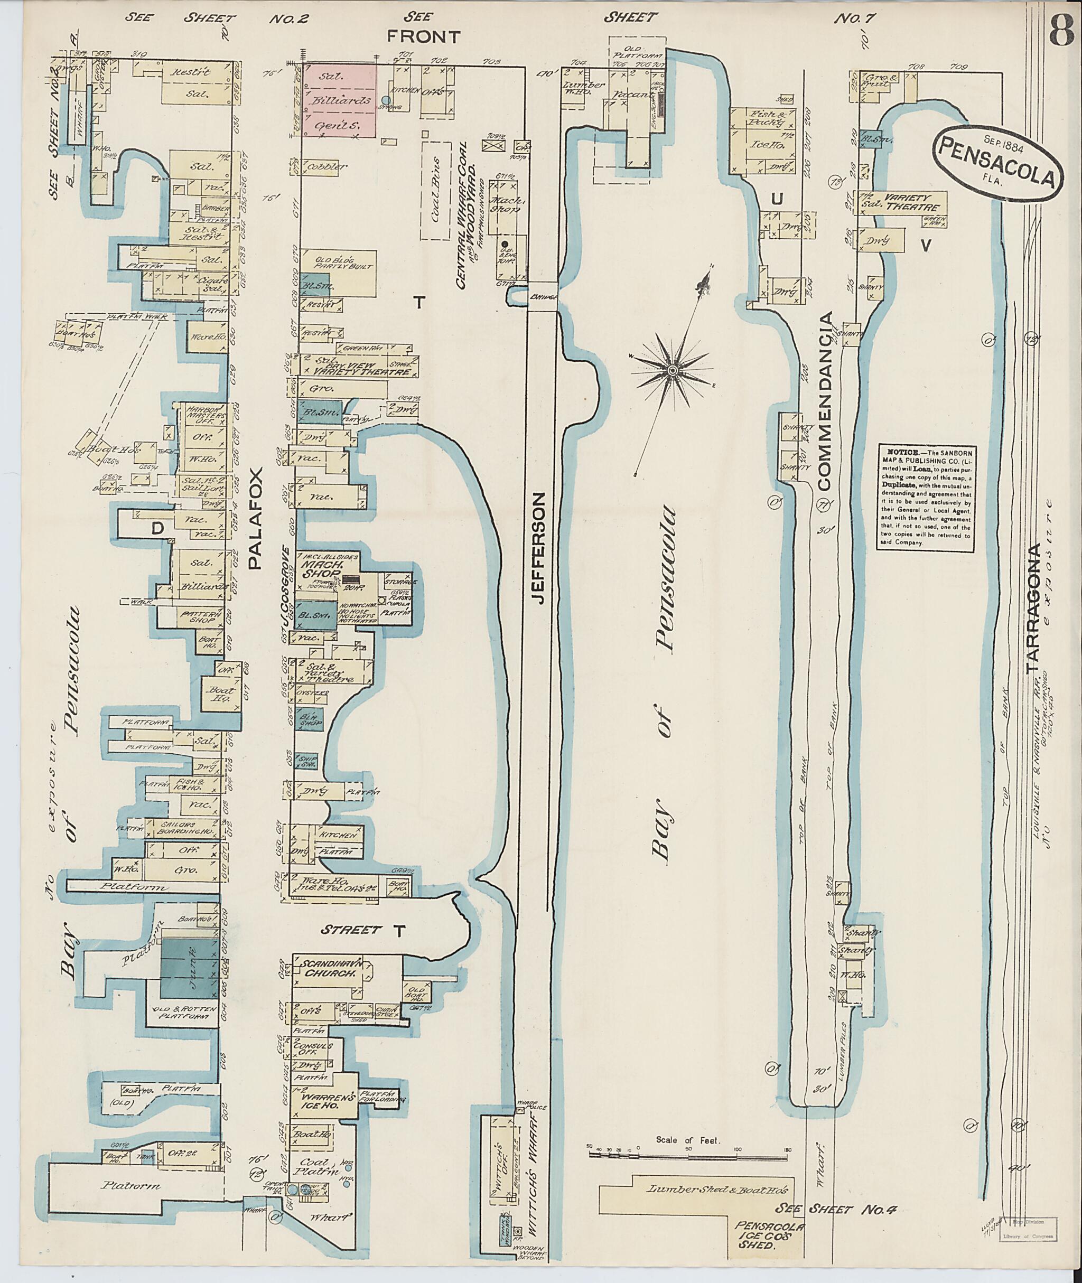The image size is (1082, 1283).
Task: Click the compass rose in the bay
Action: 672,370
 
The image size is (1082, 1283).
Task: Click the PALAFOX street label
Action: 256,518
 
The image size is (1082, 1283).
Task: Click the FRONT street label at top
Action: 423,37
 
